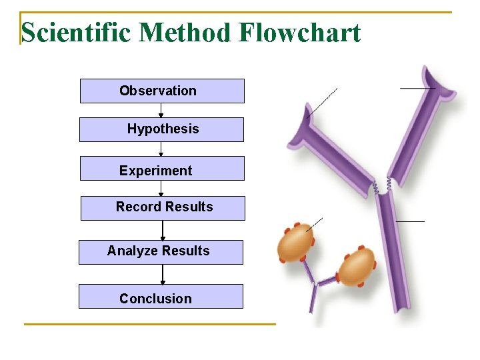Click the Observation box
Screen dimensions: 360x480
coord(162,91)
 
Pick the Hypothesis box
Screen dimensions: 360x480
coord(161,129)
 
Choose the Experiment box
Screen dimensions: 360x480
coord(162,169)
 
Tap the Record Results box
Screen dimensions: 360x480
coord(163,208)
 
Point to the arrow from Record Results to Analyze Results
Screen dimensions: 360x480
coord(163,231)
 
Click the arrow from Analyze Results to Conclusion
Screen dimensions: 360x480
coord(163,275)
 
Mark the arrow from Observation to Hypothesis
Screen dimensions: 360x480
coord(161,111)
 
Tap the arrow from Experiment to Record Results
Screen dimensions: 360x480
coord(161,189)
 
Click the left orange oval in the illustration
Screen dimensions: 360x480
coord(296,244)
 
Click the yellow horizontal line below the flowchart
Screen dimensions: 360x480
coord(149,324)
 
